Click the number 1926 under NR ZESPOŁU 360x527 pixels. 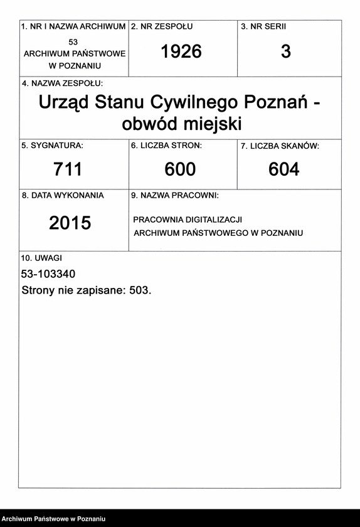(181, 52)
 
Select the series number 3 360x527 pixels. (286, 52)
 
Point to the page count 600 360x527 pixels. (181, 169)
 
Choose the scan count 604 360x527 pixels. (284, 169)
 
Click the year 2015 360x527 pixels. (70, 223)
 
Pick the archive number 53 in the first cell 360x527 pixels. (73, 41)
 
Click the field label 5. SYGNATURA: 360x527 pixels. (52, 146)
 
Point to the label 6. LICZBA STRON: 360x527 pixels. (166, 146)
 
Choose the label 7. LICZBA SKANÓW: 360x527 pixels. (280, 146)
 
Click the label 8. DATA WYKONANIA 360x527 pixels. (63, 195)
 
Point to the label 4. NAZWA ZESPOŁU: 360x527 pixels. (62, 83)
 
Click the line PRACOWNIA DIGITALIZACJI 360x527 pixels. (188, 220)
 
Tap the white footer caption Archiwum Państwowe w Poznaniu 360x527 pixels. (53, 519)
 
